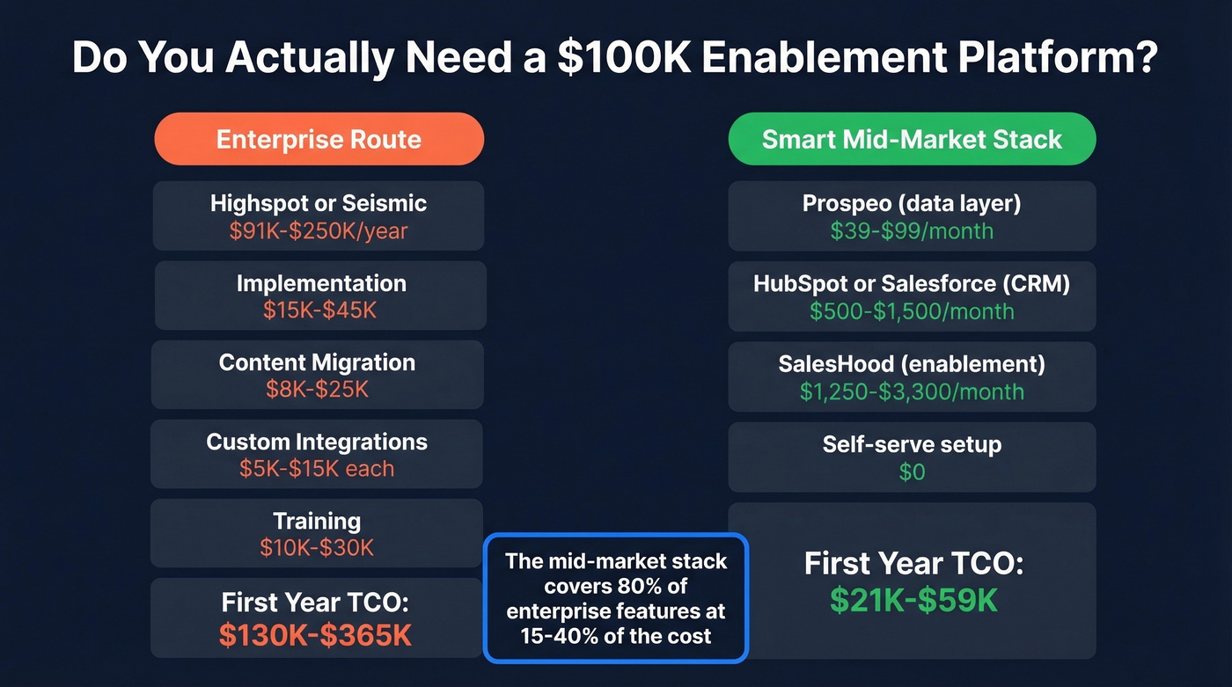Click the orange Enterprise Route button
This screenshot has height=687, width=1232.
pos(319,139)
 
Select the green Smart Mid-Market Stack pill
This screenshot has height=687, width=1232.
pos(912,139)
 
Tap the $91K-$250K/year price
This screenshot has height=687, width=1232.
pos(319,231)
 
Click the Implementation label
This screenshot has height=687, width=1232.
pos(321,283)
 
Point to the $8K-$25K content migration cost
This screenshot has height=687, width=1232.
pos(318,389)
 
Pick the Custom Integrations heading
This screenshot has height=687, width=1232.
pos(317,442)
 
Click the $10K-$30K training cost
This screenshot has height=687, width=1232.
pos(317,548)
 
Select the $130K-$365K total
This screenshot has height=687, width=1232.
pos(315,635)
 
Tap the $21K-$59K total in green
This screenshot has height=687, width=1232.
pos(913,600)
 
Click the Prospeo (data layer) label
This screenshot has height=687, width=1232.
pos(912,203)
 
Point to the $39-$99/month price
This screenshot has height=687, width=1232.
pos(912,231)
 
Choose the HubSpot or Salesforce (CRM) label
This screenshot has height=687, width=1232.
pos(912,283)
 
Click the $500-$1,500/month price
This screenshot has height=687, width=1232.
pos(912,311)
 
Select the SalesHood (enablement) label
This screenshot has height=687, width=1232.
pos(912,363)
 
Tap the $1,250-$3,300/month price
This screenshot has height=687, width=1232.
pos(912,391)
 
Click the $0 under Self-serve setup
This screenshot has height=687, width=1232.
pos(912,472)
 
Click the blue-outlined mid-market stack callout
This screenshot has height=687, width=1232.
pos(616,598)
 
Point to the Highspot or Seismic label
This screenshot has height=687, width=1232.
pos(319,203)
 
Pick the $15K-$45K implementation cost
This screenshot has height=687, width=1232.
pos(320,311)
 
